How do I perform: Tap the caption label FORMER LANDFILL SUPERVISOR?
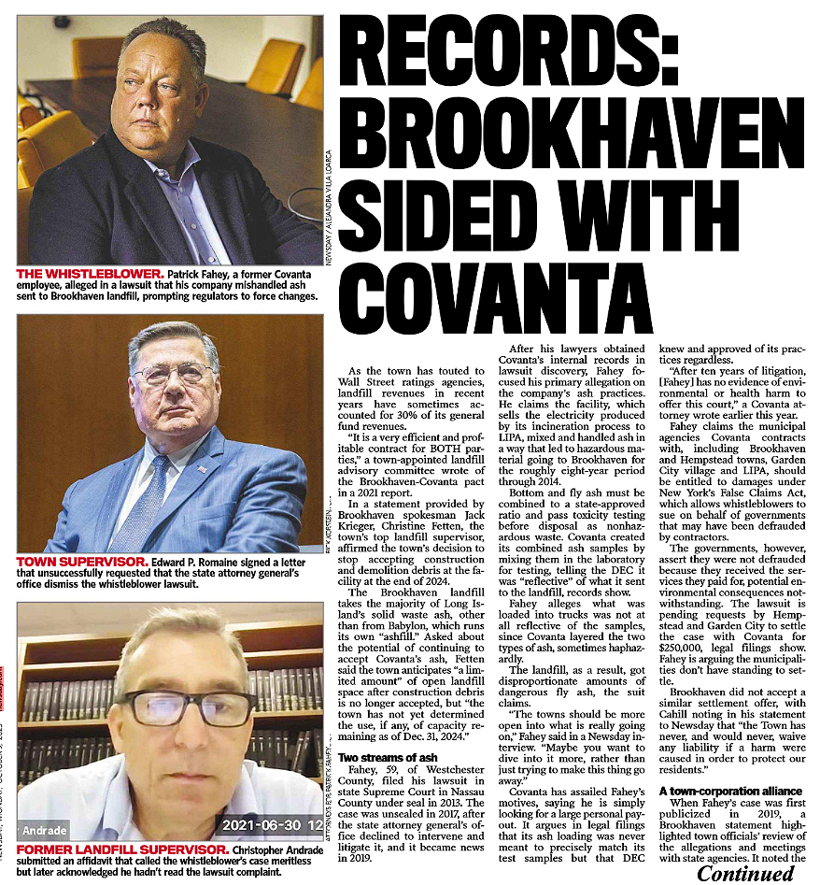[x=117, y=849]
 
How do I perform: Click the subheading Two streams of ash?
[x=387, y=757]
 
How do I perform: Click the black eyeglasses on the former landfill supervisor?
[x=187, y=707]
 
